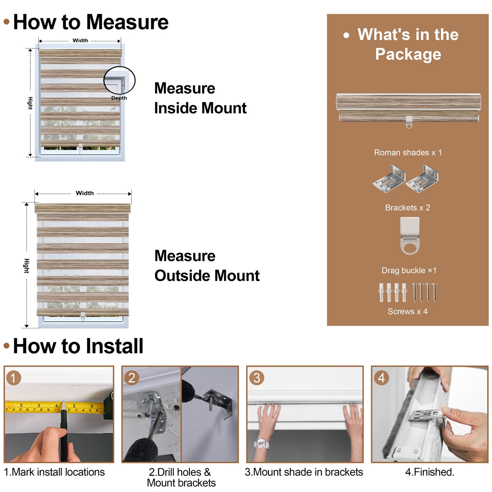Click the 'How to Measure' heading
pos(91,22)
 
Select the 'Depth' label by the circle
pos(119,98)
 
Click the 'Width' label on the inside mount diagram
pos(80,40)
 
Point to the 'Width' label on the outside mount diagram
pos(85,193)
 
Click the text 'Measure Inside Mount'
pos(200,98)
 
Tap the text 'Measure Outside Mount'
pos(207,266)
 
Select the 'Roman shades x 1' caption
pos(408,153)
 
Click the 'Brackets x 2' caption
pos(408,207)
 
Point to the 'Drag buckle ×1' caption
pos(409,270)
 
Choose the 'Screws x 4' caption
pos(408,312)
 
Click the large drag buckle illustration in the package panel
pos(410,235)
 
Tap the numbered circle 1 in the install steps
pos(14,378)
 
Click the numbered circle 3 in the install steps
pos(257,378)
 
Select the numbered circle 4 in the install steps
pos(381,378)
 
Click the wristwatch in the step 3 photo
pos(262,443)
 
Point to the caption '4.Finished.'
pos(430,472)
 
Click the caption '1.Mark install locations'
pos(55,472)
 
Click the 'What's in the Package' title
pos(408,44)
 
